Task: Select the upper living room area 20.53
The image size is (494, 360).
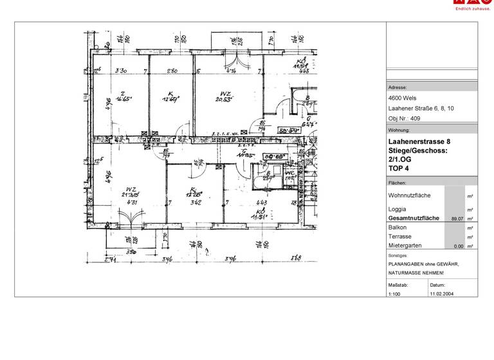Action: point(223,99)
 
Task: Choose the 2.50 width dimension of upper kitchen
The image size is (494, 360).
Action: point(172,71)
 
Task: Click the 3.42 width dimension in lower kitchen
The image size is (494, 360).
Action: point(197,203)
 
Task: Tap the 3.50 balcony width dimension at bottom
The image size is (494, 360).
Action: point(131,253)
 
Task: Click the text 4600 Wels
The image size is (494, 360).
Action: point(402,98)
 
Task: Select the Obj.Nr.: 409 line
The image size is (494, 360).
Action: point(404,119)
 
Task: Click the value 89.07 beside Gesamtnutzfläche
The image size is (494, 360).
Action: point(457,219)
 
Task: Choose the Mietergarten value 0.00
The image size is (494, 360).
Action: point(458,246)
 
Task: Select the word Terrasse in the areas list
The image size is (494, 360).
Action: point(401,237)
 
